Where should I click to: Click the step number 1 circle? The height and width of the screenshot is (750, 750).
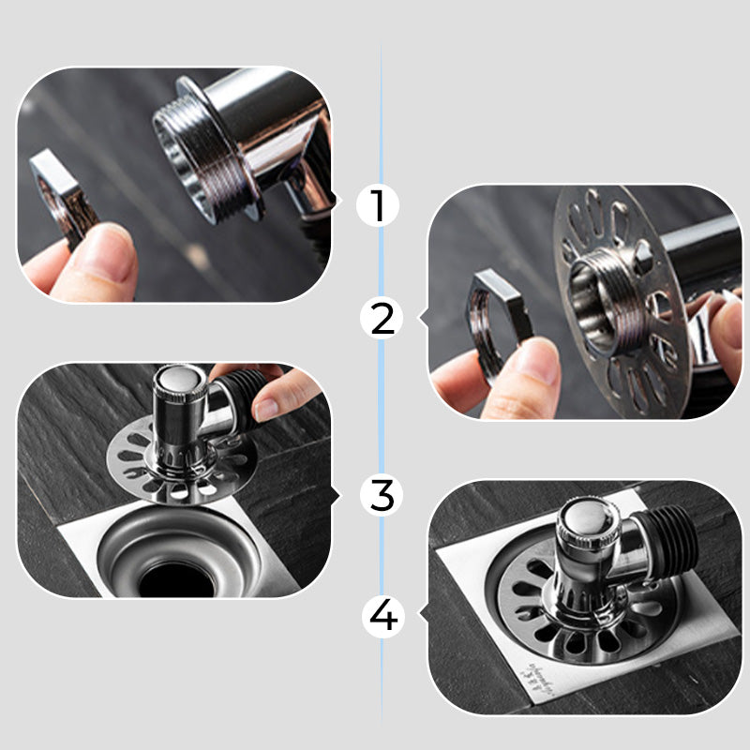(x=378, y=205)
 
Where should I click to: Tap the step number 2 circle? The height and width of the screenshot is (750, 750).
(x=382, y=319)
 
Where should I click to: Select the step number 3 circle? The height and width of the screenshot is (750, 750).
(x=382, y=495)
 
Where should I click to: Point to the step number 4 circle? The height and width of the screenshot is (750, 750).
(x=383, y=617)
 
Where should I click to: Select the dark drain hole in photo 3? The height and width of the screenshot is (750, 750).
(x=177, y=579)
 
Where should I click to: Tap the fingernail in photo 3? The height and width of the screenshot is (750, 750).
(x=265, y=409)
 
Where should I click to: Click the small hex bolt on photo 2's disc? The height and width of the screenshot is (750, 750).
(x=642, y=254)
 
